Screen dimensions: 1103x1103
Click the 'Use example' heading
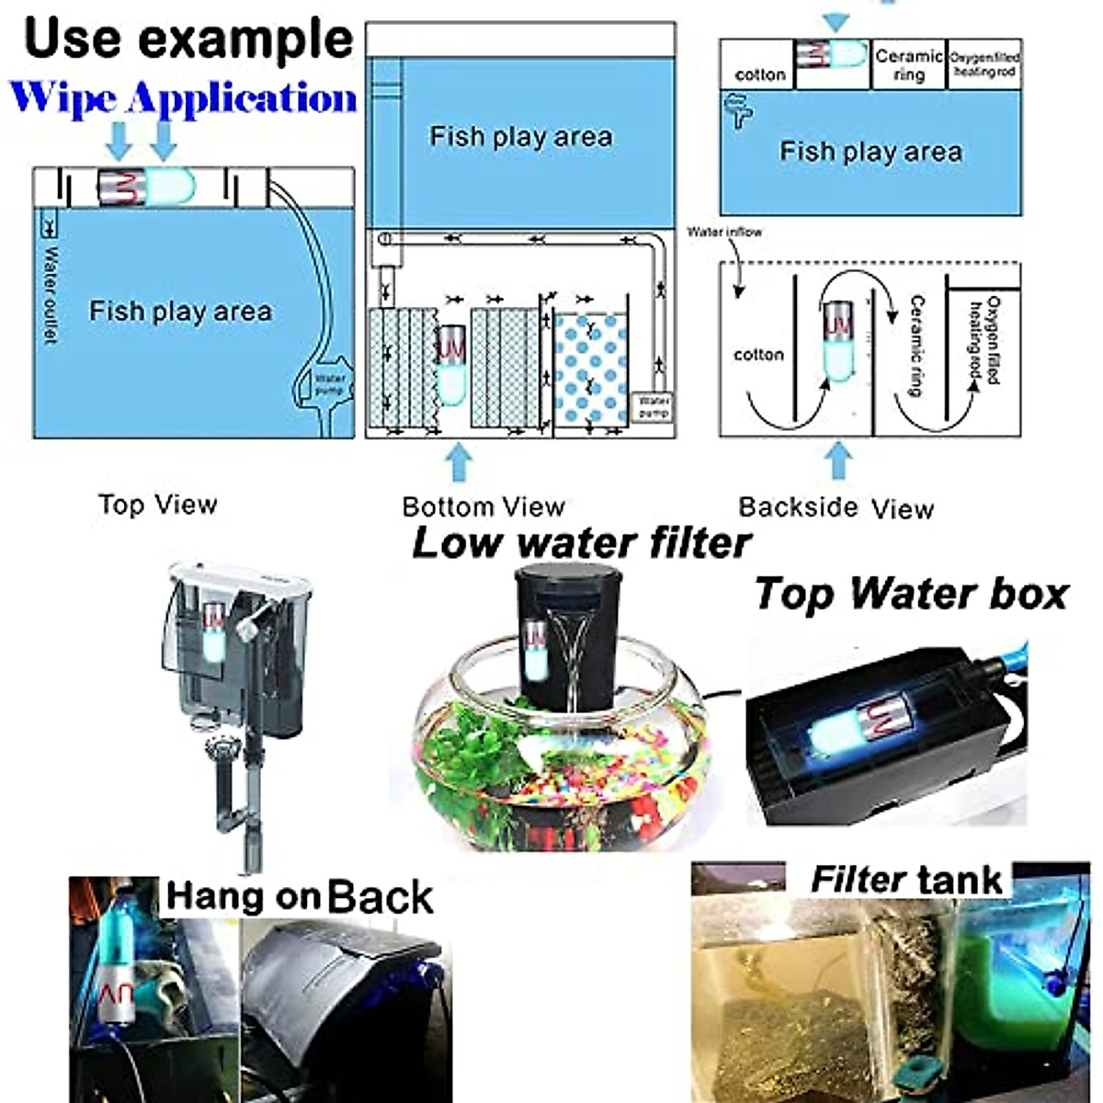point(188,39)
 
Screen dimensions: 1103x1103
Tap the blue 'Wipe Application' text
point(183,98)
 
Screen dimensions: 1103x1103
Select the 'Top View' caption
point(157,505)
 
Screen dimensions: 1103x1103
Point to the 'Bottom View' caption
point(483,506)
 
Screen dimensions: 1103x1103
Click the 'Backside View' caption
point(836,507)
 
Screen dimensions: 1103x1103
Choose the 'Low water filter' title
point(581,542)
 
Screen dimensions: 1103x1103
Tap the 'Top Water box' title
point(911,594)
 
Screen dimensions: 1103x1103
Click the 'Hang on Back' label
point(299,896)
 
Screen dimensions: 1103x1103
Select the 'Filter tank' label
point(905,880)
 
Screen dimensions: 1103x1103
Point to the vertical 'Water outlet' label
point(50,294)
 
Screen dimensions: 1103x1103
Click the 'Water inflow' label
point(724,233)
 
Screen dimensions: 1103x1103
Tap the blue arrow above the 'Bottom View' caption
point(459,462)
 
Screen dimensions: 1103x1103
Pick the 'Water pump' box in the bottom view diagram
point(654,406)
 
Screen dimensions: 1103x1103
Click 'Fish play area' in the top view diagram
point(180,312)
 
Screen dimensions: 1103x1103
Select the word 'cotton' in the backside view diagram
point(758,355)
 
